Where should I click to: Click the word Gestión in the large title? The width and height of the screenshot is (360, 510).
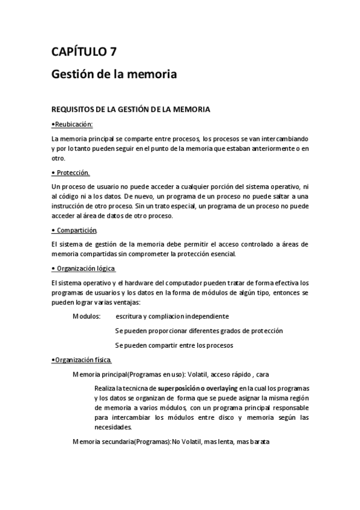point(72,76)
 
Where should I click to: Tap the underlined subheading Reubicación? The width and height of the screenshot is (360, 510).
point(74,124)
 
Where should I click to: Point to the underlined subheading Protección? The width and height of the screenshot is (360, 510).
point(74,173)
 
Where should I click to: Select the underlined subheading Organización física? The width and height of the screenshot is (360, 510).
point(83,360)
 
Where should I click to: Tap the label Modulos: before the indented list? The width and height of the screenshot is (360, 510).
point(87,316)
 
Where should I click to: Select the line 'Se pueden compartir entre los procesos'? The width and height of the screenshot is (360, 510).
point(174,345)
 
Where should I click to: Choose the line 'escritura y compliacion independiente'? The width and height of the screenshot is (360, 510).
point(172,316)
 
